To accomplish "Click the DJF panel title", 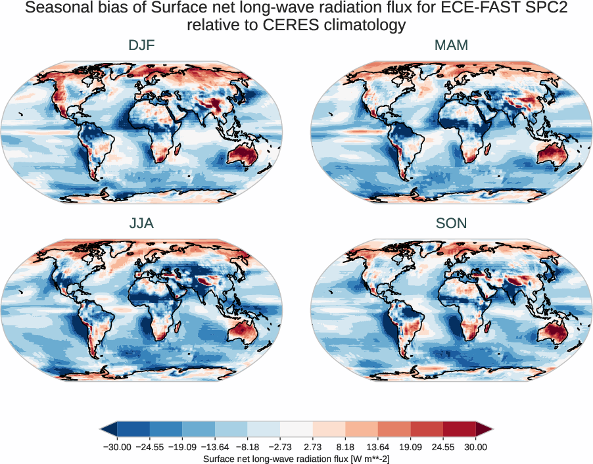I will (141, 46).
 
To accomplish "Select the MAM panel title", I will (451, 46).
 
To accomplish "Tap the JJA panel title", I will (141, 223).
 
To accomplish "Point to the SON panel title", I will (451, 223).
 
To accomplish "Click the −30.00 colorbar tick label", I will (118, 447).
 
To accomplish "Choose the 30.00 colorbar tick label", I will (475, 447).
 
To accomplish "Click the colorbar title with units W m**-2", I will (296, 458).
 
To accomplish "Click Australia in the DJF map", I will (243, 156).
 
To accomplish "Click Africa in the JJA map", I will (158, 302).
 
